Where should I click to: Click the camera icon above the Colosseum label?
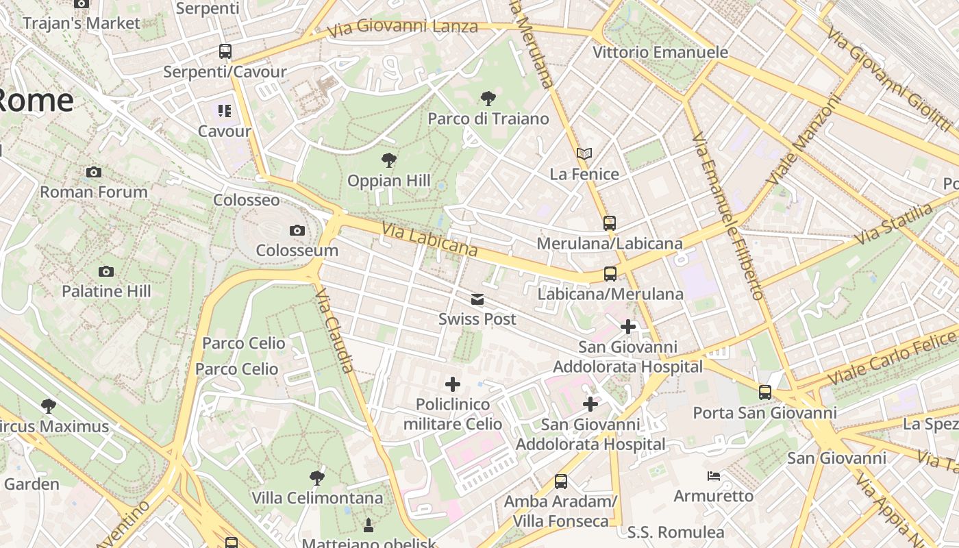297,230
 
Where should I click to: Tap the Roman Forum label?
94,192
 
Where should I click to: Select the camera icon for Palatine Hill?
105,271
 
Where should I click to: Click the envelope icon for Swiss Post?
477,299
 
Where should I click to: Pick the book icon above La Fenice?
584,153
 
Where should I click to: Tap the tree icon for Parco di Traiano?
488,98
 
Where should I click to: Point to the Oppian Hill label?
388,181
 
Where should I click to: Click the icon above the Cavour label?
225,110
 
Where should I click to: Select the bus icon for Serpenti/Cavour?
225,51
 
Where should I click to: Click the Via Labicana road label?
429,240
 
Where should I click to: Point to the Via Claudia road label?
335,329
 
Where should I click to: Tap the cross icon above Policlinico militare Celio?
453,384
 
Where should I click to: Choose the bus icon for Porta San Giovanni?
765,393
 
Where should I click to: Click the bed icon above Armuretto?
713,475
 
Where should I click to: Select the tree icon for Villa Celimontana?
316,477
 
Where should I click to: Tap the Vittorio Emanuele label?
660,52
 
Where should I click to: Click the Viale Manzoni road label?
803,140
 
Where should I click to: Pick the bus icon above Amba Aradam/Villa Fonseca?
561,481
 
